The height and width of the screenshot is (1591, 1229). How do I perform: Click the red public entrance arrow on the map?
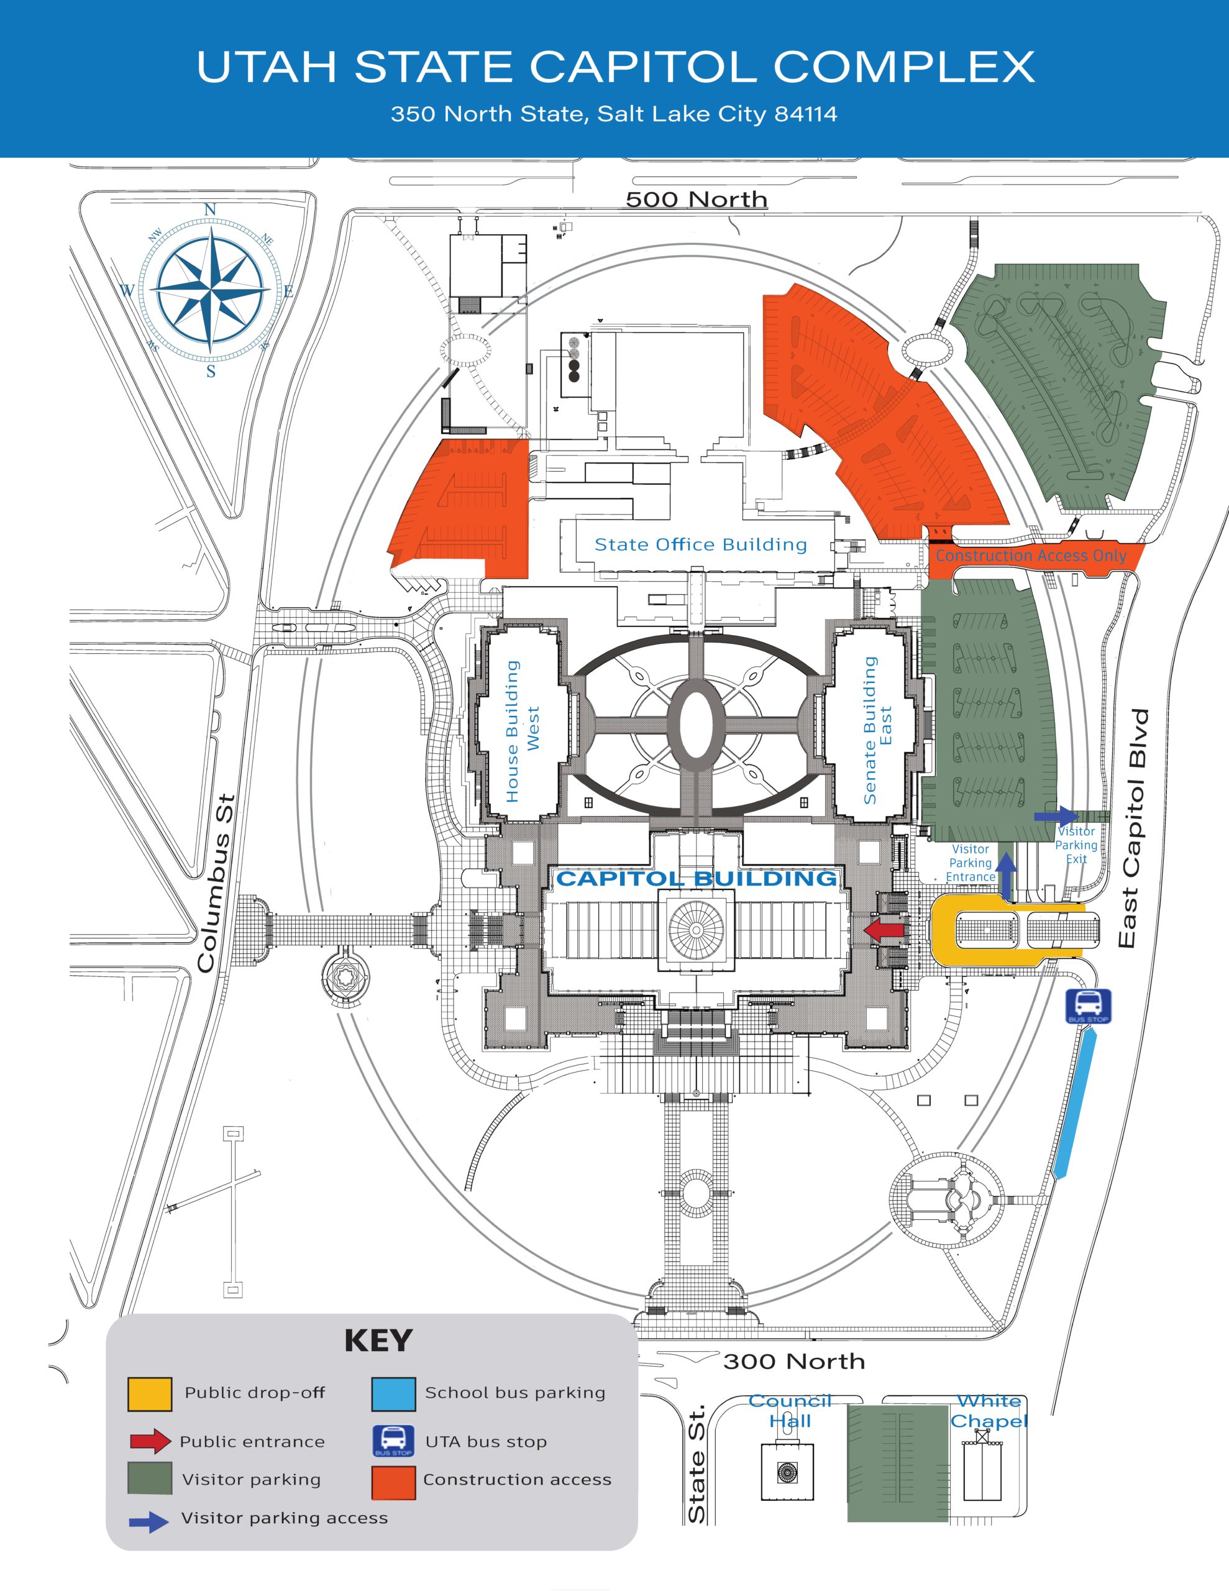click(x=884, y=930)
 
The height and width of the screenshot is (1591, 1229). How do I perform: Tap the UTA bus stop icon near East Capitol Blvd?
click(x=1088, y=1007)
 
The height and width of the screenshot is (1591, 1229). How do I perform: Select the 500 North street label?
click(x=697, y=199)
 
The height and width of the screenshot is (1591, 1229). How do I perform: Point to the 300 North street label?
click(x=793, y=1361)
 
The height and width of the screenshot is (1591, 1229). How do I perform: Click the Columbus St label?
click(x=216, y=883)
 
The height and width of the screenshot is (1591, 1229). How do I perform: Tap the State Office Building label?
click(x=701, y=544)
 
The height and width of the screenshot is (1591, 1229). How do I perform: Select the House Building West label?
click(x=523, y=731)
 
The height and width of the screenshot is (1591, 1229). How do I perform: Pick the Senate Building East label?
click(x=877, y=730)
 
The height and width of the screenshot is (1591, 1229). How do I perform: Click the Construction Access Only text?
click(x=1031, y=555)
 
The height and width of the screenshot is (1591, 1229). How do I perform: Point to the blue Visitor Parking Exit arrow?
click(x=1056, y=816)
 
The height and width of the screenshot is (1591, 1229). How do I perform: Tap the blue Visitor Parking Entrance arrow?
click(x=1006, y=875)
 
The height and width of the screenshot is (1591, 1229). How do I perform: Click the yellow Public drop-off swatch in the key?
click(x=150, y=1393)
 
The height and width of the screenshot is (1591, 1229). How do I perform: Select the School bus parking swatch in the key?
click(x=393, y=1393)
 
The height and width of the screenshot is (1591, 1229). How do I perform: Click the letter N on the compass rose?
click(x=211, y=210)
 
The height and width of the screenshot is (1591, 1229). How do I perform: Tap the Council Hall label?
click(x=790, y=1411)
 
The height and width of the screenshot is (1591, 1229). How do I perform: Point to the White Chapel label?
click(x=989, y=1411)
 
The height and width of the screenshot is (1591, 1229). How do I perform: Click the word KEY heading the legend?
click(x=378, y=1341)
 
